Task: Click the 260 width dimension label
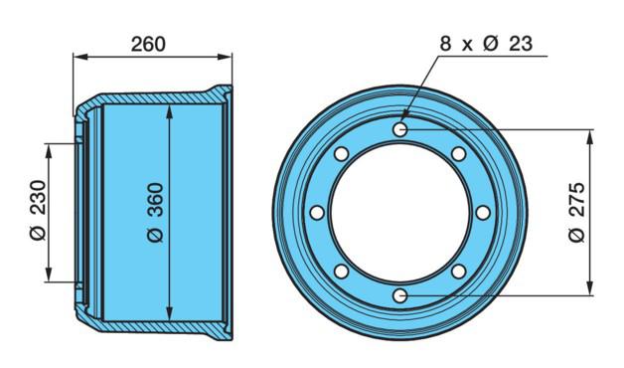(148, 44)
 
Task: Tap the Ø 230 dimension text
(39, 210)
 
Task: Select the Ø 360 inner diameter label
(155, 213)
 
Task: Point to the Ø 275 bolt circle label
(576, 212)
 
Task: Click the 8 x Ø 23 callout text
(486, 43)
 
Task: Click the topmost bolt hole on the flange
(400, 129)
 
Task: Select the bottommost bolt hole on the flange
(400, 296)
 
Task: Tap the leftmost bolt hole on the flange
(317, 213)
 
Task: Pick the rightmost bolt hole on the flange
(483, 213)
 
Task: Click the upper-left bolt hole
(341, 154)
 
